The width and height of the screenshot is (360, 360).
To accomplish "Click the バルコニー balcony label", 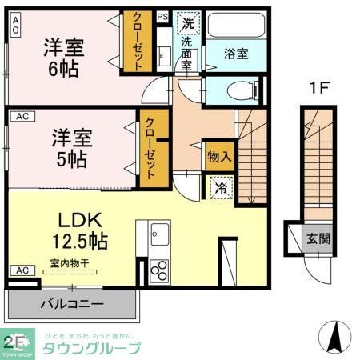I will pos(71,304).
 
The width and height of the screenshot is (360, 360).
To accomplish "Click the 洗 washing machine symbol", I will pos(188,22).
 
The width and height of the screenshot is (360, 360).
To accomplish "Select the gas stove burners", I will pos(157,270).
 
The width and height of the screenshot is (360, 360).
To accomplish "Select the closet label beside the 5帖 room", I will pos(149,149).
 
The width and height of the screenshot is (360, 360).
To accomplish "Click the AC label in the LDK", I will pos(21,270).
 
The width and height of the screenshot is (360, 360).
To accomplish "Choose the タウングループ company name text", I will pos(91,348).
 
